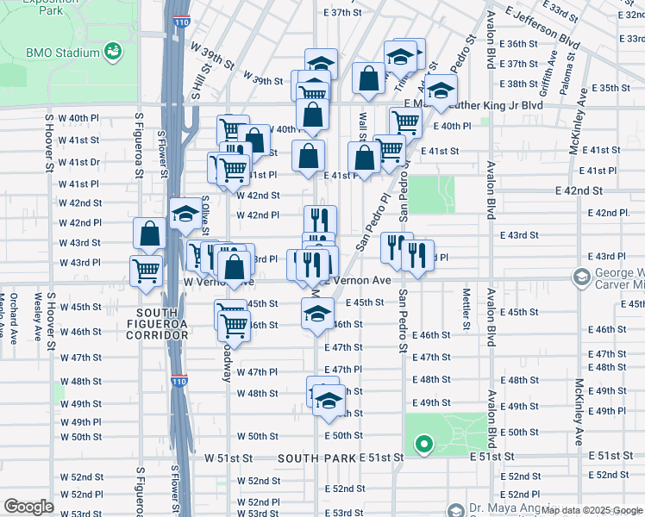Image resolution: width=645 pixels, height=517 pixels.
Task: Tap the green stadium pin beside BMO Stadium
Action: [x=112, y=53]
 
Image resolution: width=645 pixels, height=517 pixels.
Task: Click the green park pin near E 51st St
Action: [x=423, y=445]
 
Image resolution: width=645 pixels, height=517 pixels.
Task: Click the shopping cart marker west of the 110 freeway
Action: [x=146, y=270]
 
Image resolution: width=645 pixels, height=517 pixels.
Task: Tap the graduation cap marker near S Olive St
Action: [x=185, y=214]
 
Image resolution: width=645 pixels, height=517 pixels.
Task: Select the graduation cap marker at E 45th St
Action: [x=317, y=313]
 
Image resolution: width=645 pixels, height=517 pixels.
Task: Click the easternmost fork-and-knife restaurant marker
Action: [x=417, y=255]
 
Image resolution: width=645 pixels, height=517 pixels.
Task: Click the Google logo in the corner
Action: [x=28, y=507]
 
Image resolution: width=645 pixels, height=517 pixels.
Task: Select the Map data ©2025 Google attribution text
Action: [x=592, y=510]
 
